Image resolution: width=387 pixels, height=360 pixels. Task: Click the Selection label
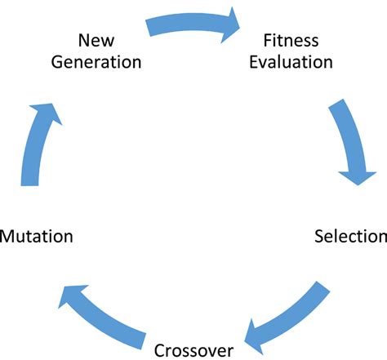coord(350,237)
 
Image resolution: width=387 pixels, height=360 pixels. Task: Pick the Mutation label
coord(37,237)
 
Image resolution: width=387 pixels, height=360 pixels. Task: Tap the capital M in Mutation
coord(8,237)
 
